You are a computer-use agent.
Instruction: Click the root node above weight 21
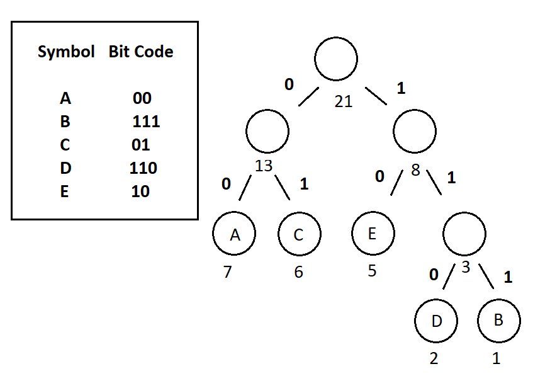337,59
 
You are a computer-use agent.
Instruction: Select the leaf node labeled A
235,234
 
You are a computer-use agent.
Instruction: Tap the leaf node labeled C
300,234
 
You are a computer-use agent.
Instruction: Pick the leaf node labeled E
373,233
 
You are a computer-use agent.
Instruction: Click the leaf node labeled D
436,320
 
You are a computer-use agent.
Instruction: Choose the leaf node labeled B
499,320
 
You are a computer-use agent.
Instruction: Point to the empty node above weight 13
267,131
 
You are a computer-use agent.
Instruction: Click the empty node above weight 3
464,234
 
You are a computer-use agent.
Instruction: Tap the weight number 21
344,101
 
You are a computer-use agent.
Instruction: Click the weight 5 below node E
372,271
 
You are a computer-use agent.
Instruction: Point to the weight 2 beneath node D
434,359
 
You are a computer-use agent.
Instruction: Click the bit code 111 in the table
146,122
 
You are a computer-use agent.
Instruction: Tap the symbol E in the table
65,191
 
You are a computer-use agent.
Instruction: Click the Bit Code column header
141,52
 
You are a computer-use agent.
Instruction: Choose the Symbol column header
66,52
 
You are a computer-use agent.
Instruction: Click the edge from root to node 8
376,96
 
